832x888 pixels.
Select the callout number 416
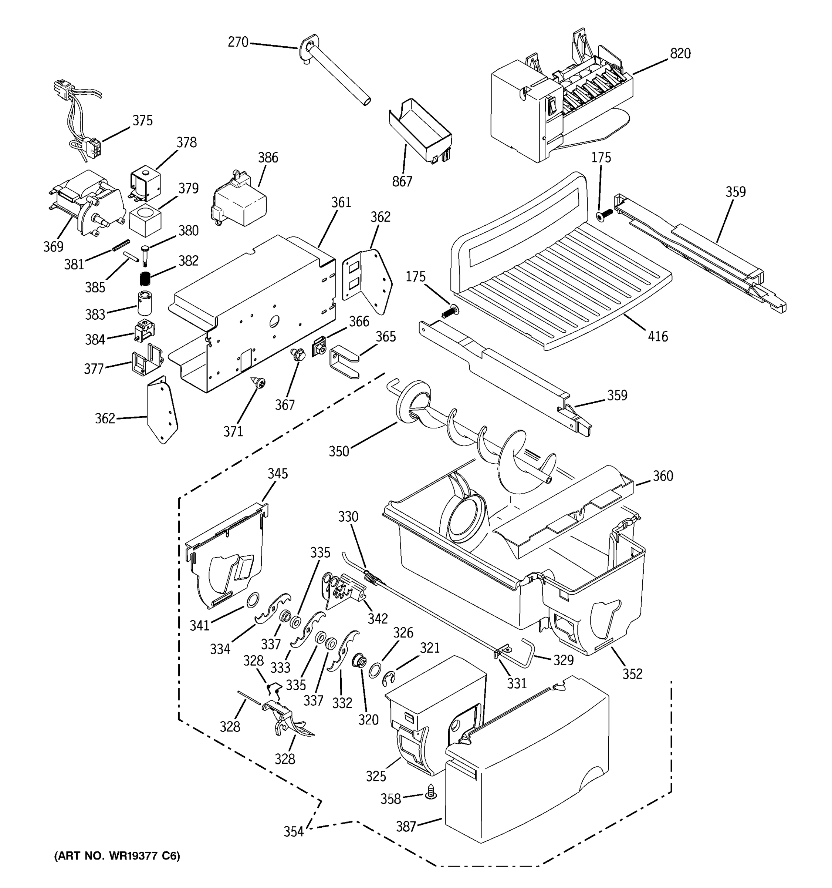click(x=658, y=336)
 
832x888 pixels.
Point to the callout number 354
click(x=293, y=832)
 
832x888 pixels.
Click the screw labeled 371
click(x=258, y=382)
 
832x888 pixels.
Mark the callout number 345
click(x=278, y=474)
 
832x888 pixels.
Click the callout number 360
click(x=663, y=476)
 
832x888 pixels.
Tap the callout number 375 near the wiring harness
click(x=142, y=121)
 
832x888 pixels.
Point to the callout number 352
click(x=632, y=674)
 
